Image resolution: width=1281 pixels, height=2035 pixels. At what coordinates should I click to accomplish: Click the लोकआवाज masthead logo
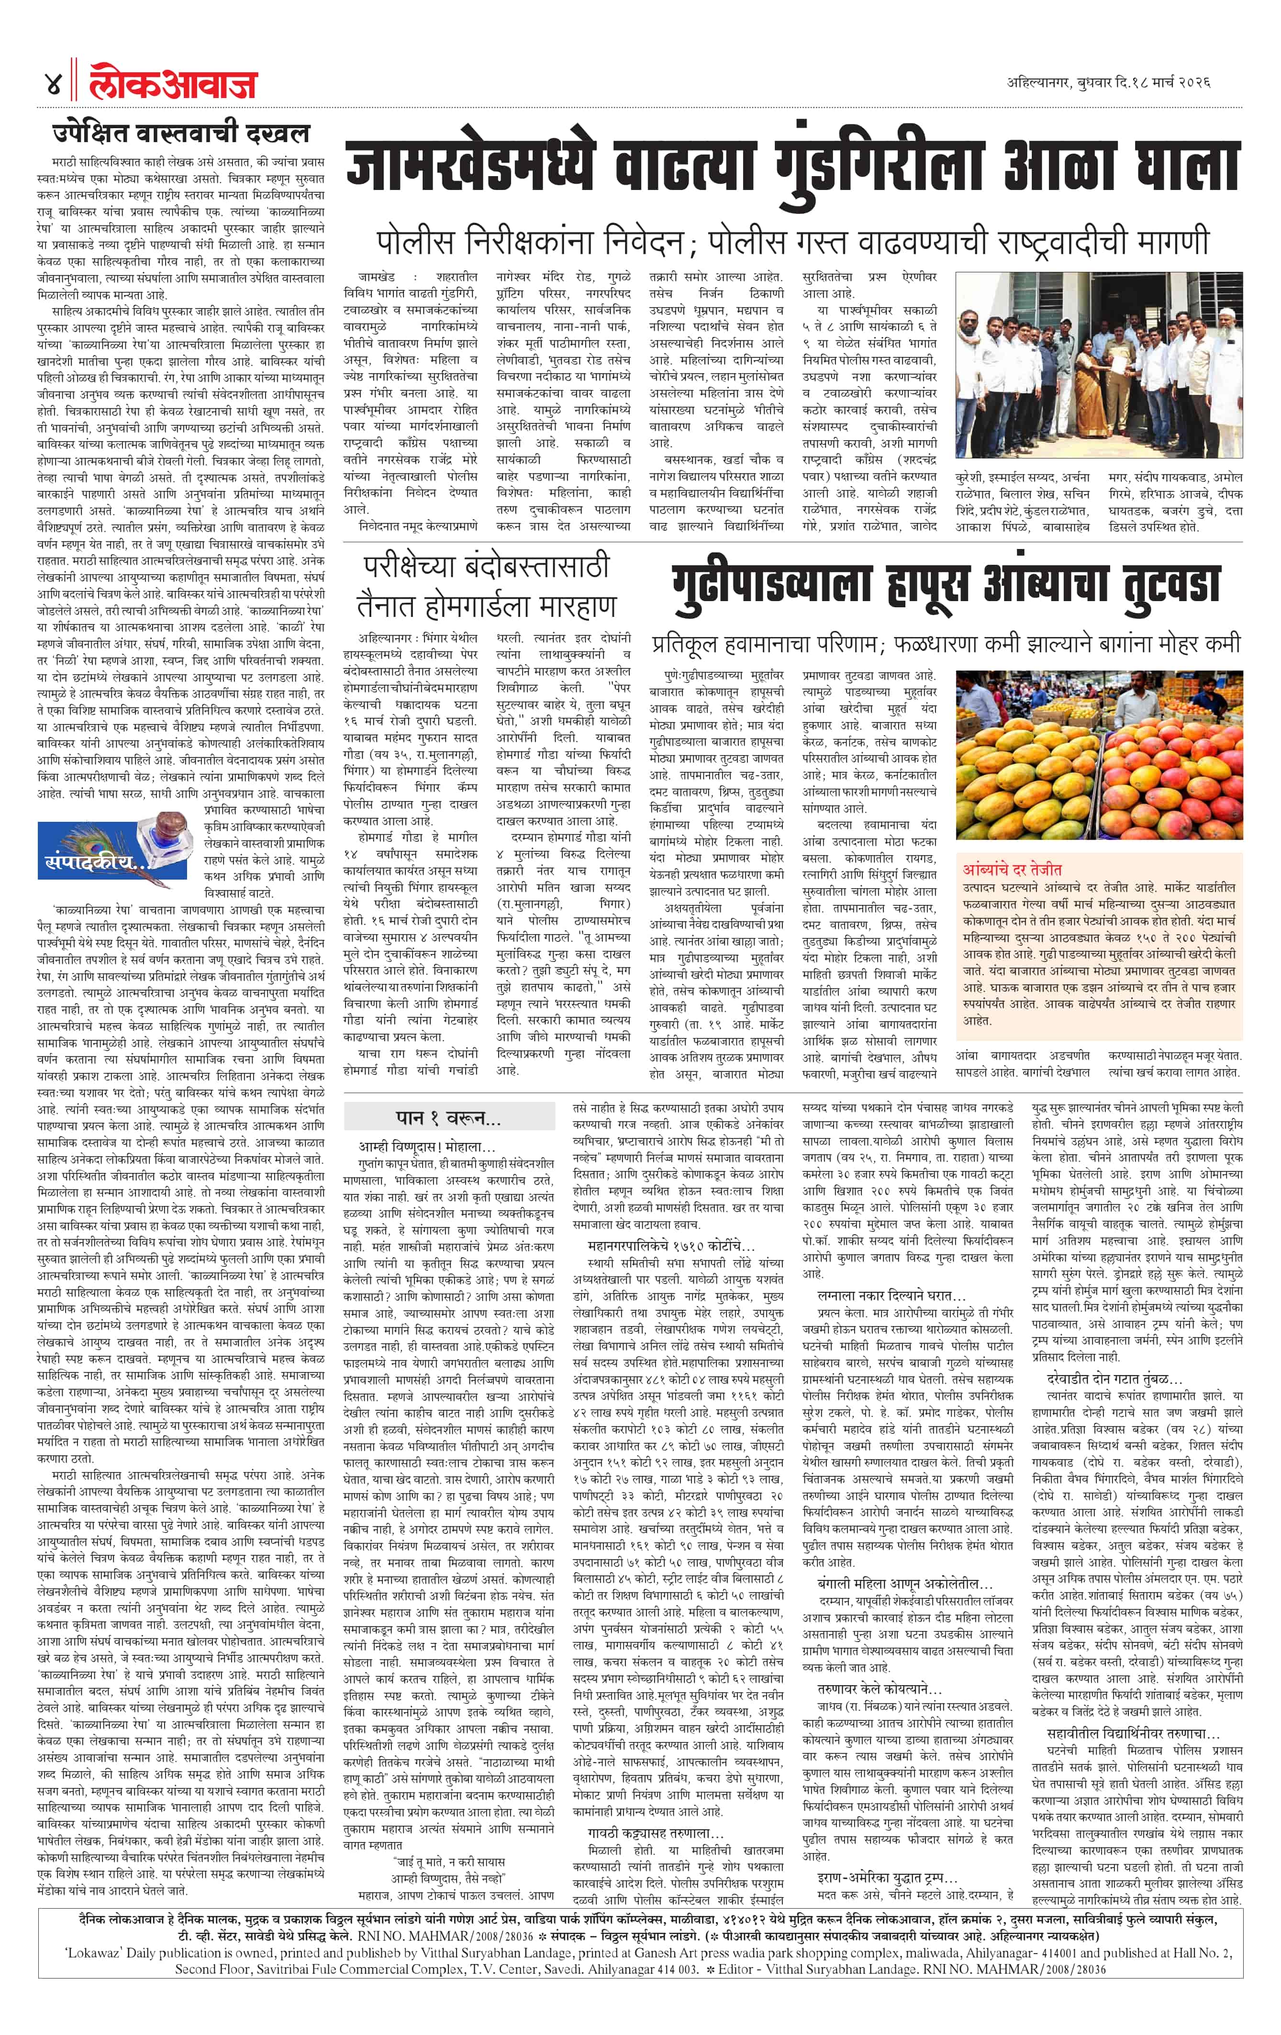(x=173, y=85)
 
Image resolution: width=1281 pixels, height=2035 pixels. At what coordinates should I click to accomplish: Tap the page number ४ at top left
(x=52, y=85)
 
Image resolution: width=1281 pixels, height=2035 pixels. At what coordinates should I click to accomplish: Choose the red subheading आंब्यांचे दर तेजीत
(x=1012, y=869)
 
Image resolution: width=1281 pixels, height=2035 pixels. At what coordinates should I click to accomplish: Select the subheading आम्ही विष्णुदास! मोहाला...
(x=427, y=1147)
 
